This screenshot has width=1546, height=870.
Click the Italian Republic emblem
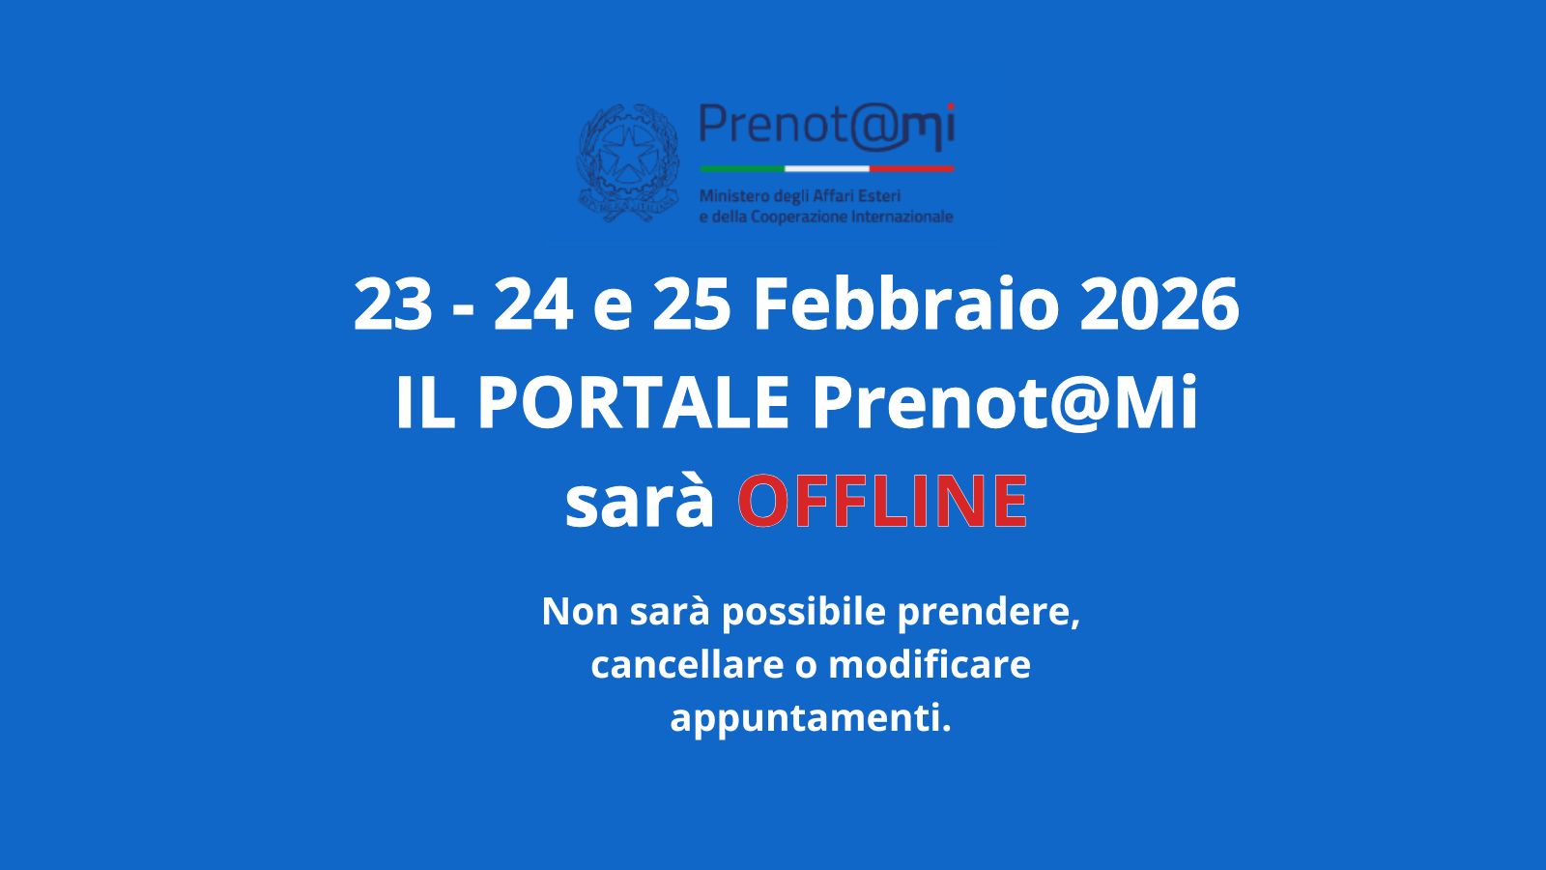pos(628,162)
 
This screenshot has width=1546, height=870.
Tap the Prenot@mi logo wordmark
pos(826,127)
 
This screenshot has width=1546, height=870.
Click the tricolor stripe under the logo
pos(826,168)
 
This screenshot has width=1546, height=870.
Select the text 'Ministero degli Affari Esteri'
pos(800,196)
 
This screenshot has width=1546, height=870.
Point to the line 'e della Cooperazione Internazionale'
pos(826,217)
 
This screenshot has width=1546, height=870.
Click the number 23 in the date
pos(392,304)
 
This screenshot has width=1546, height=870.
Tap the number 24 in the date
pos(532,304)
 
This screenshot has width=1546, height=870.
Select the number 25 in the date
pos(691,304)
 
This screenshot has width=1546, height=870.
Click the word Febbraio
pos(906,304)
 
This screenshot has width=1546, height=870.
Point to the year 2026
pos(1159,304)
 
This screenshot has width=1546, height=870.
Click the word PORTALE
pos(633,402)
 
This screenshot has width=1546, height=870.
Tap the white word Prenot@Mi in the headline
pos(1005,402)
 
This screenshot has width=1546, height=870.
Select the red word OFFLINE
pos(882,502)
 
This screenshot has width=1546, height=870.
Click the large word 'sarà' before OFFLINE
pos(639,502)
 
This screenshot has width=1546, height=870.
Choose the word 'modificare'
pos(930,665)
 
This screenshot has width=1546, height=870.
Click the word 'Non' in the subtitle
pos(579,612)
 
